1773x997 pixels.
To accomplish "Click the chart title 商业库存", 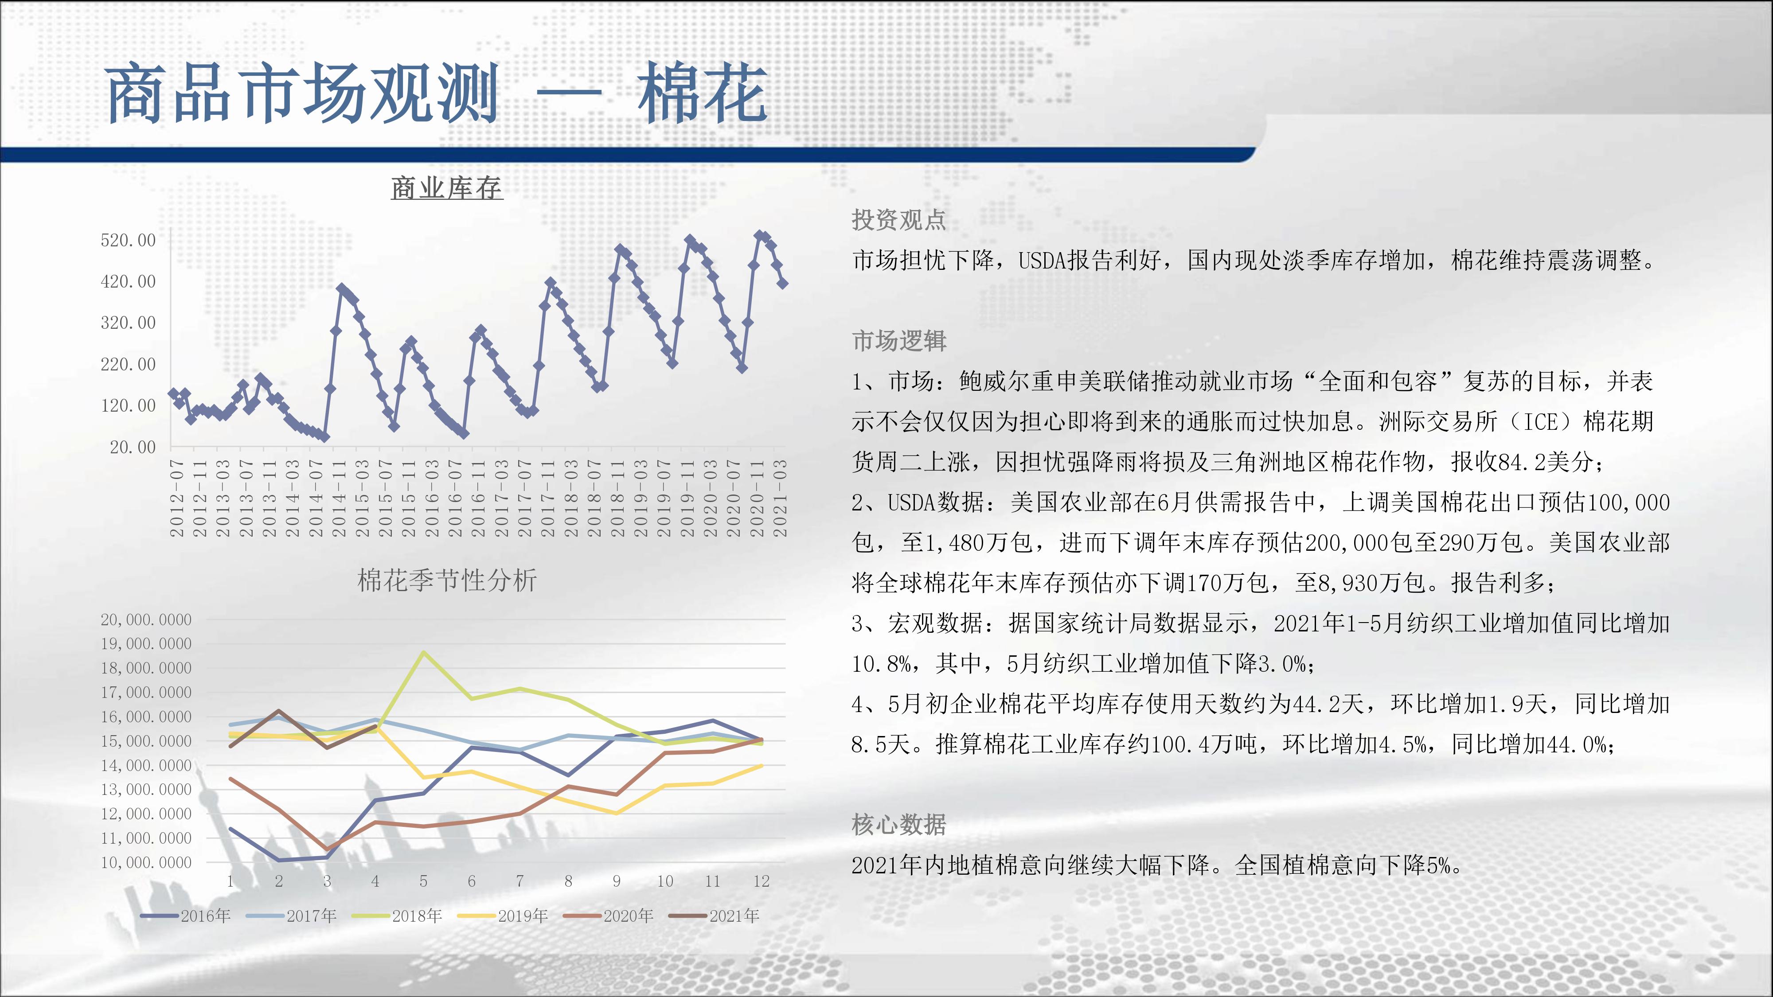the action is coord(447,188).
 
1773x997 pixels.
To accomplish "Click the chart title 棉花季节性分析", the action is coord(447,580).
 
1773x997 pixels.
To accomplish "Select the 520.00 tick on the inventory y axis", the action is coord(128,240).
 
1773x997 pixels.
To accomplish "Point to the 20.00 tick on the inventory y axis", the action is coord(133,447).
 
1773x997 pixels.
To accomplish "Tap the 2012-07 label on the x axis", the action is coord(177,498).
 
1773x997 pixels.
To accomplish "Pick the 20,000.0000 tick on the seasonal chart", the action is coord(146,619).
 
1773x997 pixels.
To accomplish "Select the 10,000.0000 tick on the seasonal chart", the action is coord(146,862).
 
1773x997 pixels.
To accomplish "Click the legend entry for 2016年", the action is coord(185,916).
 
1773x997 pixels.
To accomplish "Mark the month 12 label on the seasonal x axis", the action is coord(761,881).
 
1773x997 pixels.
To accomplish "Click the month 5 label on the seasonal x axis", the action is coord(423,881).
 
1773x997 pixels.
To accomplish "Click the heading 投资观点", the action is coord(899,220).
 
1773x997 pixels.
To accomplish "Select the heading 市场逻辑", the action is coord(899,341).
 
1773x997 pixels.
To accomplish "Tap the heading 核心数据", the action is coord(899,824).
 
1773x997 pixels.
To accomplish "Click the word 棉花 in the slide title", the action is coord(702,93).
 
